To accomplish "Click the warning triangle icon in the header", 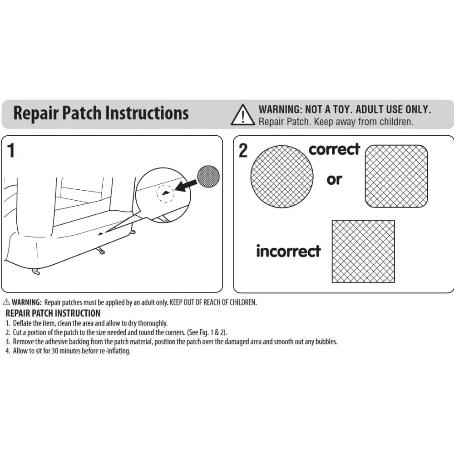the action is tap(243, 115).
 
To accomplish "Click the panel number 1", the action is tap(11, 151).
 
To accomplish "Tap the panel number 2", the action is tap(243, 151).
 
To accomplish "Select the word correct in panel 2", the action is tap(334, 149).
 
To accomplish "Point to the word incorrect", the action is tap(288, 251).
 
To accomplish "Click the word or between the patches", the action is tap(334, 179).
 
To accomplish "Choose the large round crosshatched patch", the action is tap(282, 177).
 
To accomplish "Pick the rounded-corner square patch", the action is tap(396, 176).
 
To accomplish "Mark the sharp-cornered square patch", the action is tap(363, 251).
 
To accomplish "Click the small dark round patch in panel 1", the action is tap(208, 175).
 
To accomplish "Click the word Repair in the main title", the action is tap(35, 113).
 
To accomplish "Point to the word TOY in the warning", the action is tap(338, 109).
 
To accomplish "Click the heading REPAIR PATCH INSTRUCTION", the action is tap(53, 313).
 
